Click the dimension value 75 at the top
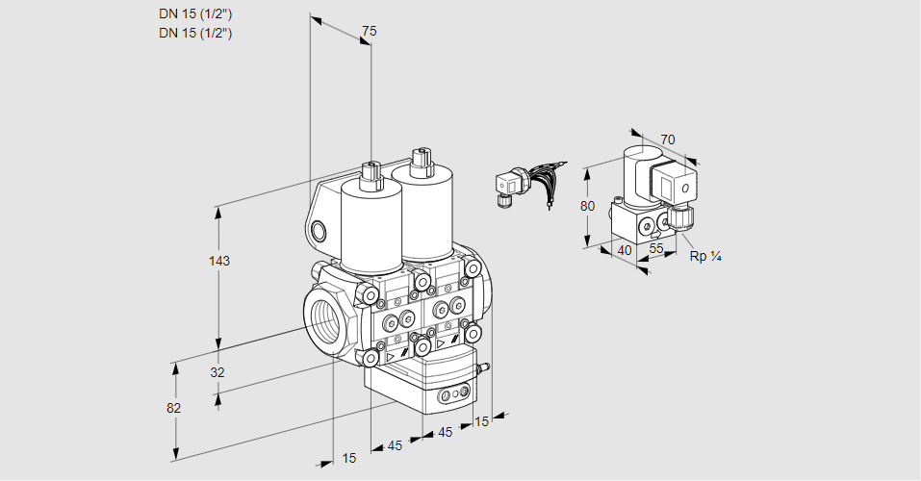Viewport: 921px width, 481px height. coord(369,31)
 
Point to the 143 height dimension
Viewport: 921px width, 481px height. coord(220,261)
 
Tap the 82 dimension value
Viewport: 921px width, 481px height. coord(173,408)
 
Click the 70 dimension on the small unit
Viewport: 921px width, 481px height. coord(668,139)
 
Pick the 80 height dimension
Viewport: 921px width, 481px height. coord(588,206)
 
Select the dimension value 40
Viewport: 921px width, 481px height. coord(624,251)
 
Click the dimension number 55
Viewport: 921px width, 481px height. coord(656,248)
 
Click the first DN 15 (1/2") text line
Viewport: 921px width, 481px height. coord(195,13)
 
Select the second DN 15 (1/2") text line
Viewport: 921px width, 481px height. coord(195,33)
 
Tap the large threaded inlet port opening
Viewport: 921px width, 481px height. coord(323,316)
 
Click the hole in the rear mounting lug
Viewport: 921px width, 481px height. coord(320,230)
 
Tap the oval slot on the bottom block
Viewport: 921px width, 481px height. coord(452,395)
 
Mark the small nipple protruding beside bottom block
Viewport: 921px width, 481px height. coord(485,366)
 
